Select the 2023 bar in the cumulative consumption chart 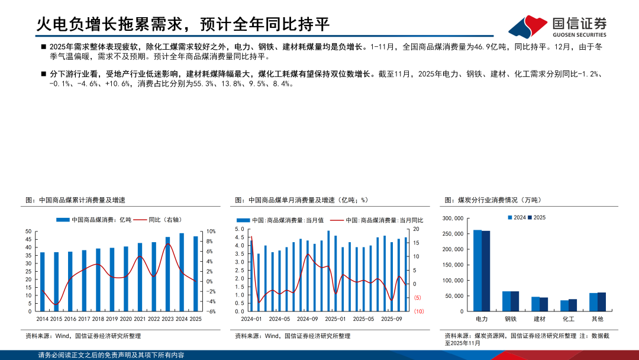(x=168, y=274)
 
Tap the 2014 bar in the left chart (x=42, y=281)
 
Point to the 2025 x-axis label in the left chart (x=196, y=319)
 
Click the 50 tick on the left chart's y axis (x=28, y=232)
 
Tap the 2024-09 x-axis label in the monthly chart (x=307, y=319)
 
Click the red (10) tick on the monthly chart (x=418, y=311)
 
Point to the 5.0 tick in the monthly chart (x=240, y=229)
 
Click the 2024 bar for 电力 (x=477, y=270)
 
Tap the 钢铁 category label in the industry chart (x=511, y=319)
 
